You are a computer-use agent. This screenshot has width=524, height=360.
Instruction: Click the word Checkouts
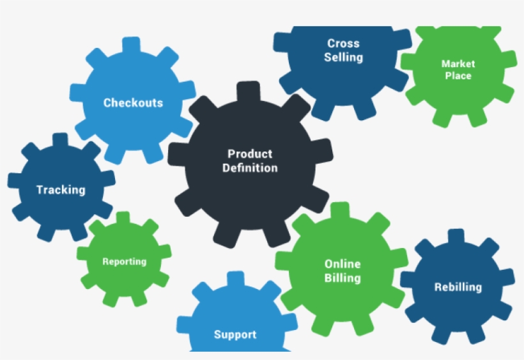click(133, 103)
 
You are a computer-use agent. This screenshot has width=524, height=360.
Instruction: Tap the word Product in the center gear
click(250, 153)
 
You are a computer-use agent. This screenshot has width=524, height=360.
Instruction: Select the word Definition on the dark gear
click(250, 168)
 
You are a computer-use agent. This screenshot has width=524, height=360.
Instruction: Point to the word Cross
click(343, 43)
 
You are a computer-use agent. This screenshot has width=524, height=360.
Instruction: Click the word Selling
click(343, 58)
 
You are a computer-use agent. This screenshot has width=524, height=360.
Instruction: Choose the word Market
click(458, 64)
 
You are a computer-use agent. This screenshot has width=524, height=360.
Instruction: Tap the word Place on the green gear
click(458, 76)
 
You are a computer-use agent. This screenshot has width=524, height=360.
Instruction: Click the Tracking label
click(61, 190)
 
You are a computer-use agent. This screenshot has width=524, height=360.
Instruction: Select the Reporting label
click(124, 262)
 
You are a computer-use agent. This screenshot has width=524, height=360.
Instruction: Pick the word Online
click(343, 264)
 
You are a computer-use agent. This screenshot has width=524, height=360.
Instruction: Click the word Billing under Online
click(343, 278)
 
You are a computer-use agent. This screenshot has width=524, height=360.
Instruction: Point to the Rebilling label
click(458, 287)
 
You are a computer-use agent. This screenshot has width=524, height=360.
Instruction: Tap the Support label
click(235, 334)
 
